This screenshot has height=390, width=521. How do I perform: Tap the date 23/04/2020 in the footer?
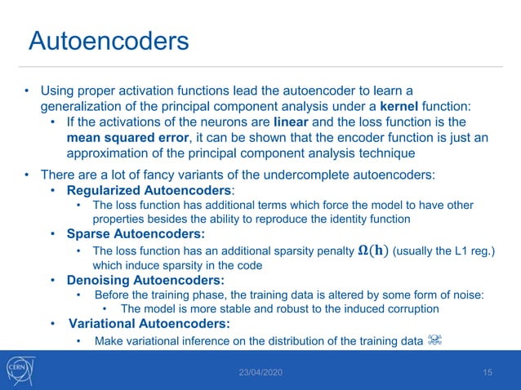click(260, 373)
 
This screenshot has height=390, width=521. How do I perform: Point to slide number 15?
click(488, 373)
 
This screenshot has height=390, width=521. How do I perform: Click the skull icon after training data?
click(434, 340)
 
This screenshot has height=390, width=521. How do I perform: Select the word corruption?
click(410, 309)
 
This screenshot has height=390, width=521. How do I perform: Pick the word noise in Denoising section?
click(467, 295)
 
